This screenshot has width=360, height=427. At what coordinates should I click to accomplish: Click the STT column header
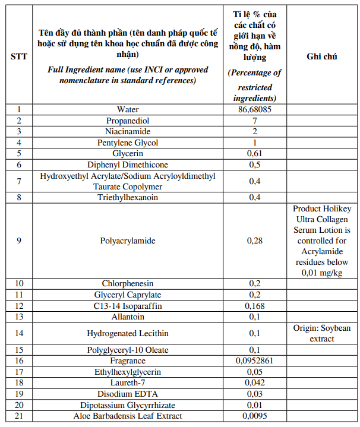click(18, 56)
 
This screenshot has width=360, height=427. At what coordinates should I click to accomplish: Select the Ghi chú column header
click(322, 56)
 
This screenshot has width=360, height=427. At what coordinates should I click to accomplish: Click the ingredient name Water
click(128, 110)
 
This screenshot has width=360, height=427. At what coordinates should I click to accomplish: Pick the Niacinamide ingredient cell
click(128, 131)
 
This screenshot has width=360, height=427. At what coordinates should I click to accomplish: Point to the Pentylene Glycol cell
click(128, 143)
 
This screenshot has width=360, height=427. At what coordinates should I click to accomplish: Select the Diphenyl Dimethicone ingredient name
click(128, 165)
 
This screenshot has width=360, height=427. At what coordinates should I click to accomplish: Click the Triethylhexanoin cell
click(128, 197)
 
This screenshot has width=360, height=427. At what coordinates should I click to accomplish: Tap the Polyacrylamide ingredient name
click(128, 241)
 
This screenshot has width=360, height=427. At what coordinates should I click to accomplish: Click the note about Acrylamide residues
click(322, 241)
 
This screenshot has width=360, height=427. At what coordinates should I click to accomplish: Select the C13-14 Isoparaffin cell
click(128, 306)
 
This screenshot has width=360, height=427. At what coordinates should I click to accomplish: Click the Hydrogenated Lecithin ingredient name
click(128, 333)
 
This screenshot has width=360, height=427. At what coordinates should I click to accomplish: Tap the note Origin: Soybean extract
click(322, 333)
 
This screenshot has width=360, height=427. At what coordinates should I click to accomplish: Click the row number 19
click(18, 393)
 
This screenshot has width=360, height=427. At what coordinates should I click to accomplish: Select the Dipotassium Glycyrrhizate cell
click(128, 404)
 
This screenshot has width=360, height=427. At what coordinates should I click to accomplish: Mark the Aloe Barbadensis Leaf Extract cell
click(128, 416)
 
